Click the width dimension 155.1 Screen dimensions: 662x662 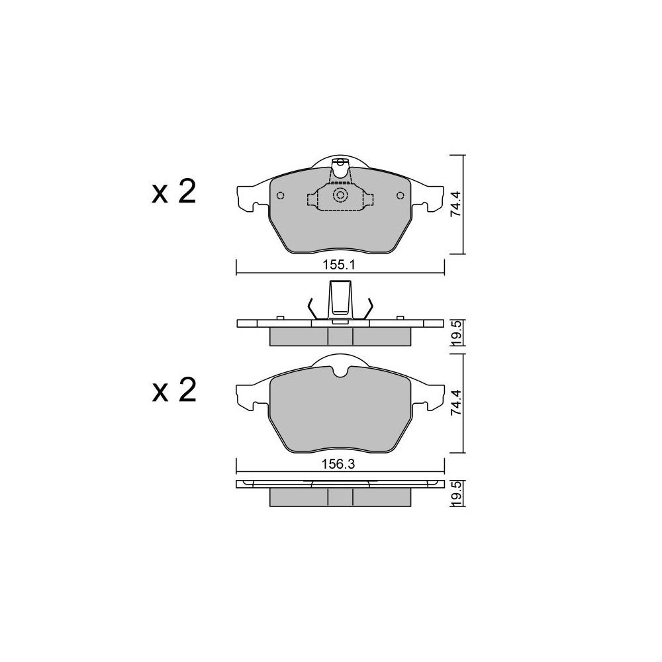click(340, 265)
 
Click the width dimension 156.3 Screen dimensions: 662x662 click(338, 464)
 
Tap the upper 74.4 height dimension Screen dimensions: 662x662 click(455, 205)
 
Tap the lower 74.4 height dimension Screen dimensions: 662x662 click(455, 402)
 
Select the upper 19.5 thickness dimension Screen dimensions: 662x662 click(456, 333)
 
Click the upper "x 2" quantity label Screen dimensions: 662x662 click(174, 192)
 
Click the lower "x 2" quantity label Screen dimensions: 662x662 click(174, 390)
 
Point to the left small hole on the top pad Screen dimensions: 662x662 click(280, 195)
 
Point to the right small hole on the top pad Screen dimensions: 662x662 click(401, 195)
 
